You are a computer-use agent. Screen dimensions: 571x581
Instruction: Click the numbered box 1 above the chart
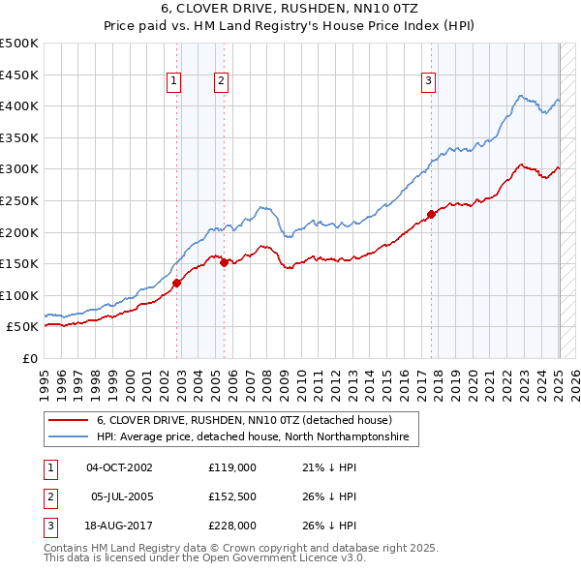(173, 81)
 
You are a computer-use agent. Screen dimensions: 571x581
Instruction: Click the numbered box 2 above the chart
(221, 81)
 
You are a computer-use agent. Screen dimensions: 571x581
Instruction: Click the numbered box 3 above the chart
(428, 81)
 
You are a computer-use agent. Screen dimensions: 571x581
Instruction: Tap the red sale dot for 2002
(177, 283)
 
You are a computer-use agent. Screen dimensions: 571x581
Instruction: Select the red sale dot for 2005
(224, 261)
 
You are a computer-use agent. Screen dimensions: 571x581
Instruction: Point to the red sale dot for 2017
(431, 215)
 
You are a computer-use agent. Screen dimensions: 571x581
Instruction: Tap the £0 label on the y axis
(30, 358)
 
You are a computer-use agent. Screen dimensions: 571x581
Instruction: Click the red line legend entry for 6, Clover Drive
(243, 420)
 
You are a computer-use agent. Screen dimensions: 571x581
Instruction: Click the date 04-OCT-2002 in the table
(119, 467)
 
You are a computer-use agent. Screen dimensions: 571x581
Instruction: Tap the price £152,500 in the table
(231, 497)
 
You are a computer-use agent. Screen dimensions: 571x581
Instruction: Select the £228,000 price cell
(231, 527)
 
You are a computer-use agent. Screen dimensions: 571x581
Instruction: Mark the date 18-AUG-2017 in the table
(119, 527)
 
